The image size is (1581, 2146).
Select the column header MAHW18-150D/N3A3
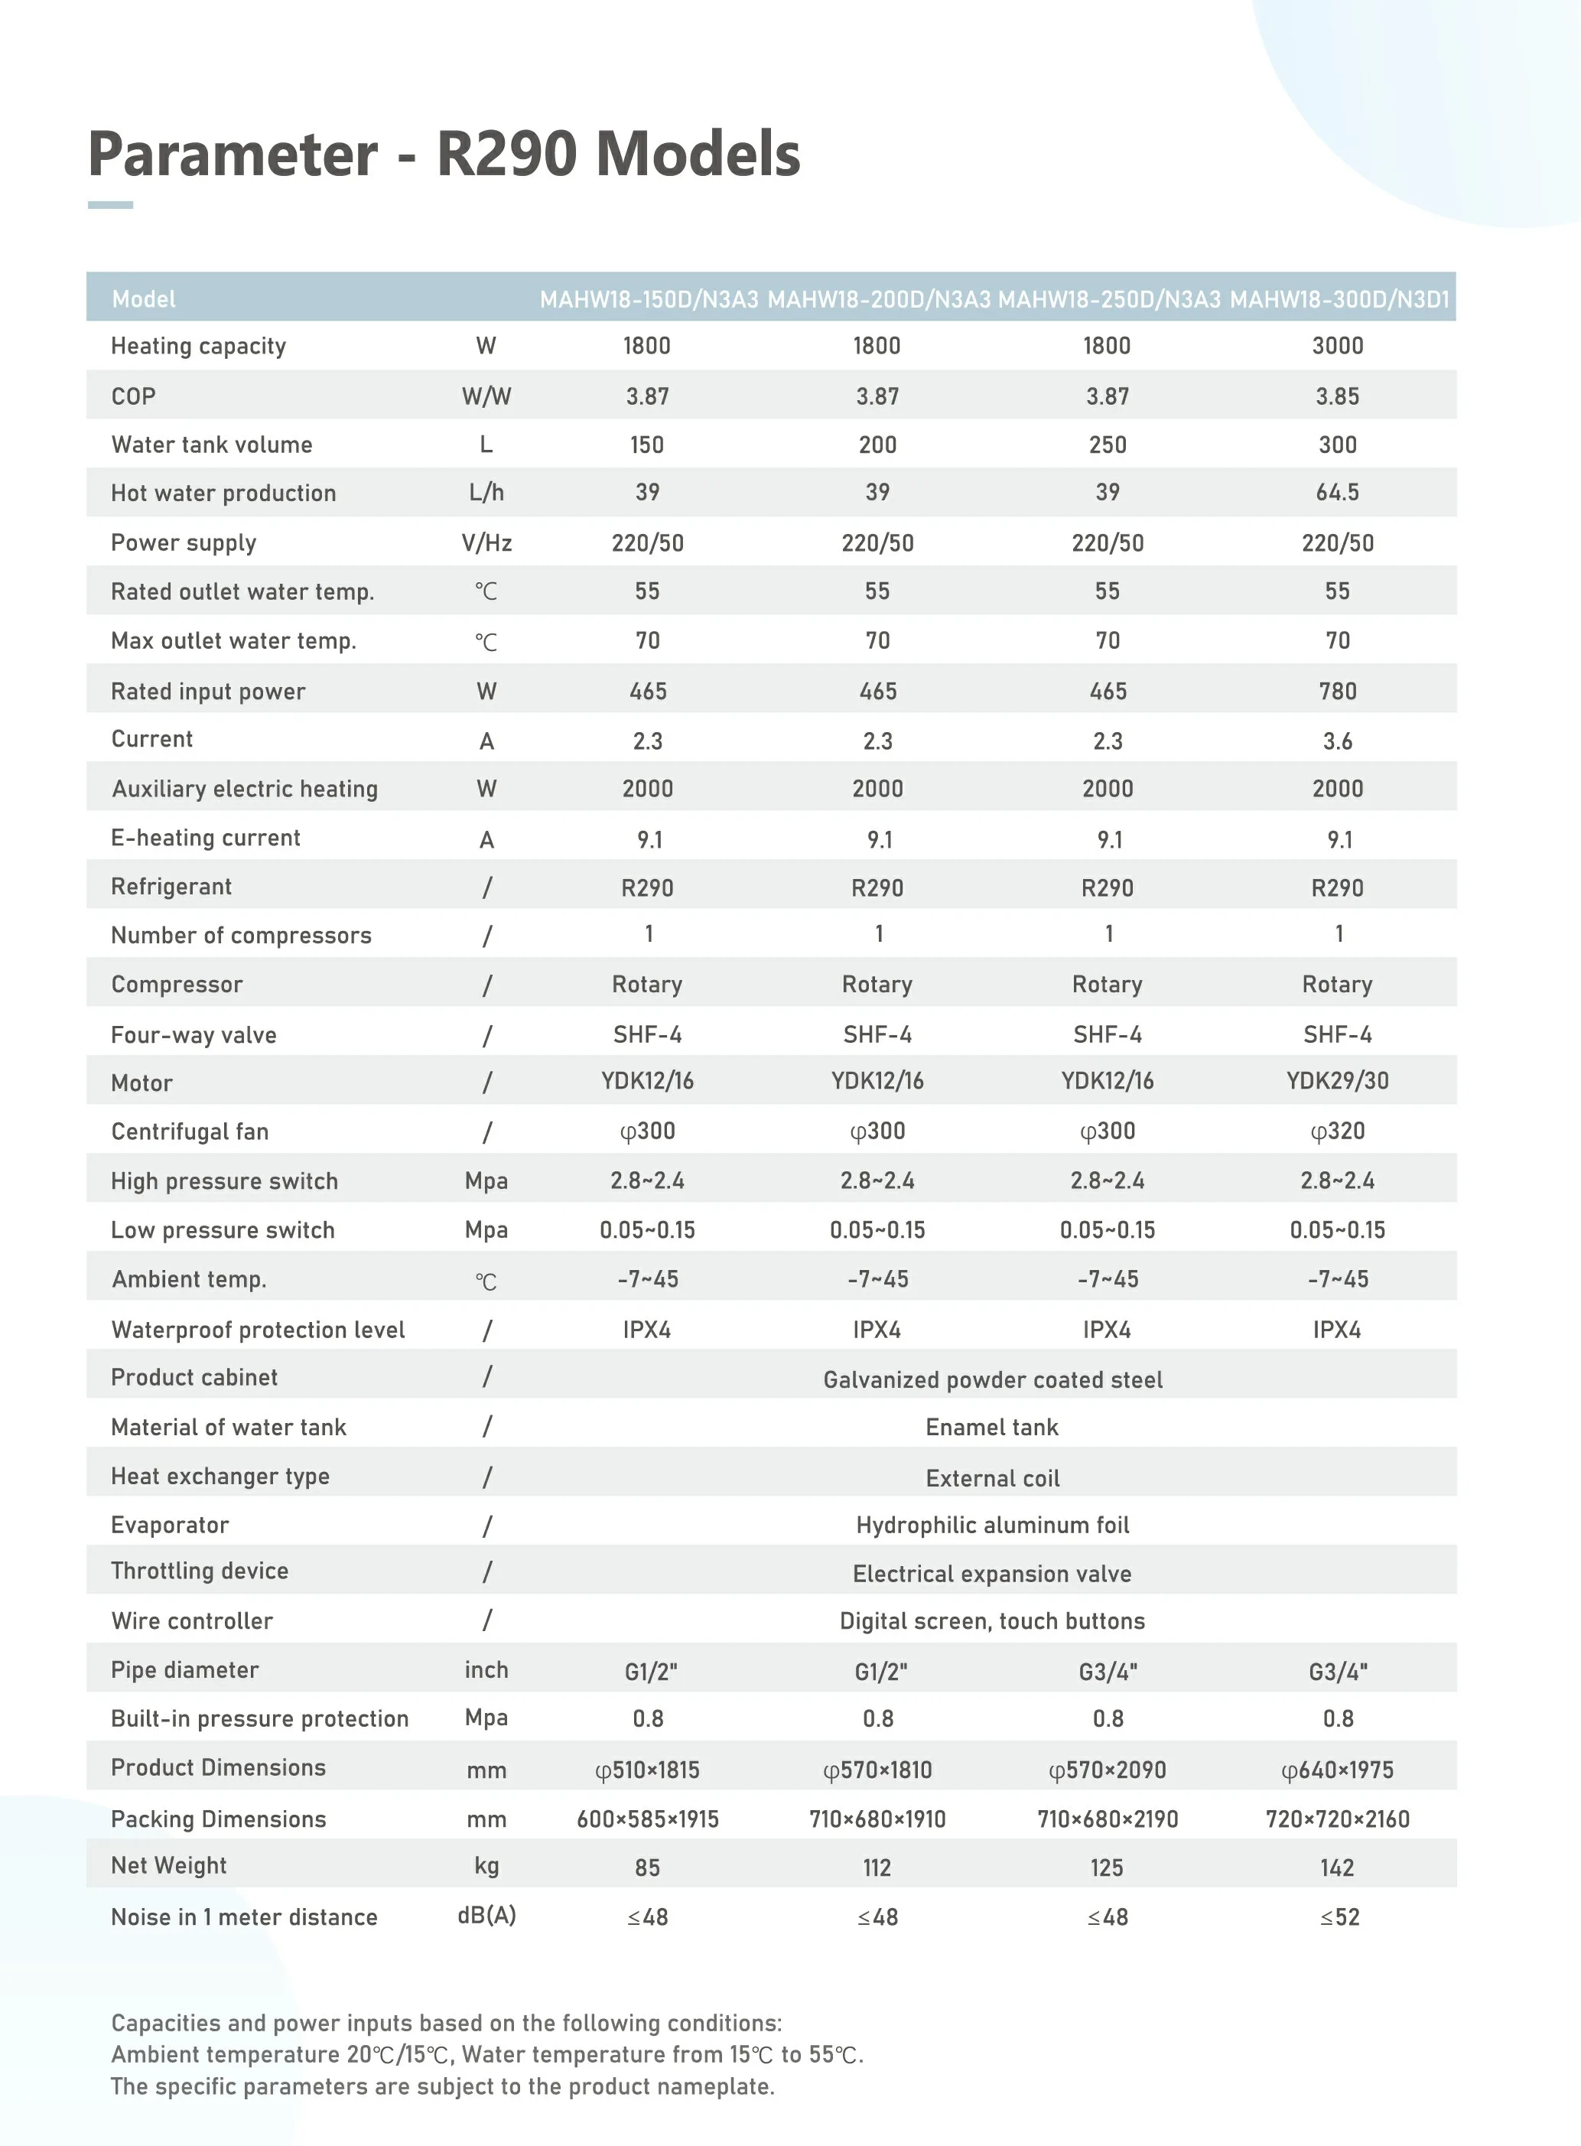[x=649, y=300]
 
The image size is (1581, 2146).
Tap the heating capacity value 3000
[x=1337, y=346]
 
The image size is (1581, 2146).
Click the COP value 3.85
[x=1337, y=396]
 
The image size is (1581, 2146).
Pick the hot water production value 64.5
[x=1337, y=492]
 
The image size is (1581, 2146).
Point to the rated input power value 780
[x=1337, y=691]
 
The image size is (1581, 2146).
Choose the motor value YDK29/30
[x=1337, y=1081]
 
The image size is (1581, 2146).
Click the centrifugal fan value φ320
[x=1337, y=1132]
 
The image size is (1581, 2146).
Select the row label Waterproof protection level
[x=258, y=1330]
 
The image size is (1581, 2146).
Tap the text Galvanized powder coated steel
[x=993, y=1379]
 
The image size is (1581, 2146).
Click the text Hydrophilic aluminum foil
[x=993, y=1525]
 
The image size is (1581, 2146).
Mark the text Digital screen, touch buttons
[x=993, y=1620]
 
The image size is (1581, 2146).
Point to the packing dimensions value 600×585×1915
[x=648, y=1819]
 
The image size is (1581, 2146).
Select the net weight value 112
[x=877, y=1868]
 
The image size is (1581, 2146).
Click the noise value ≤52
[x=1339, y=1917]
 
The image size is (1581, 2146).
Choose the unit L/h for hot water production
[x=486, y=492]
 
